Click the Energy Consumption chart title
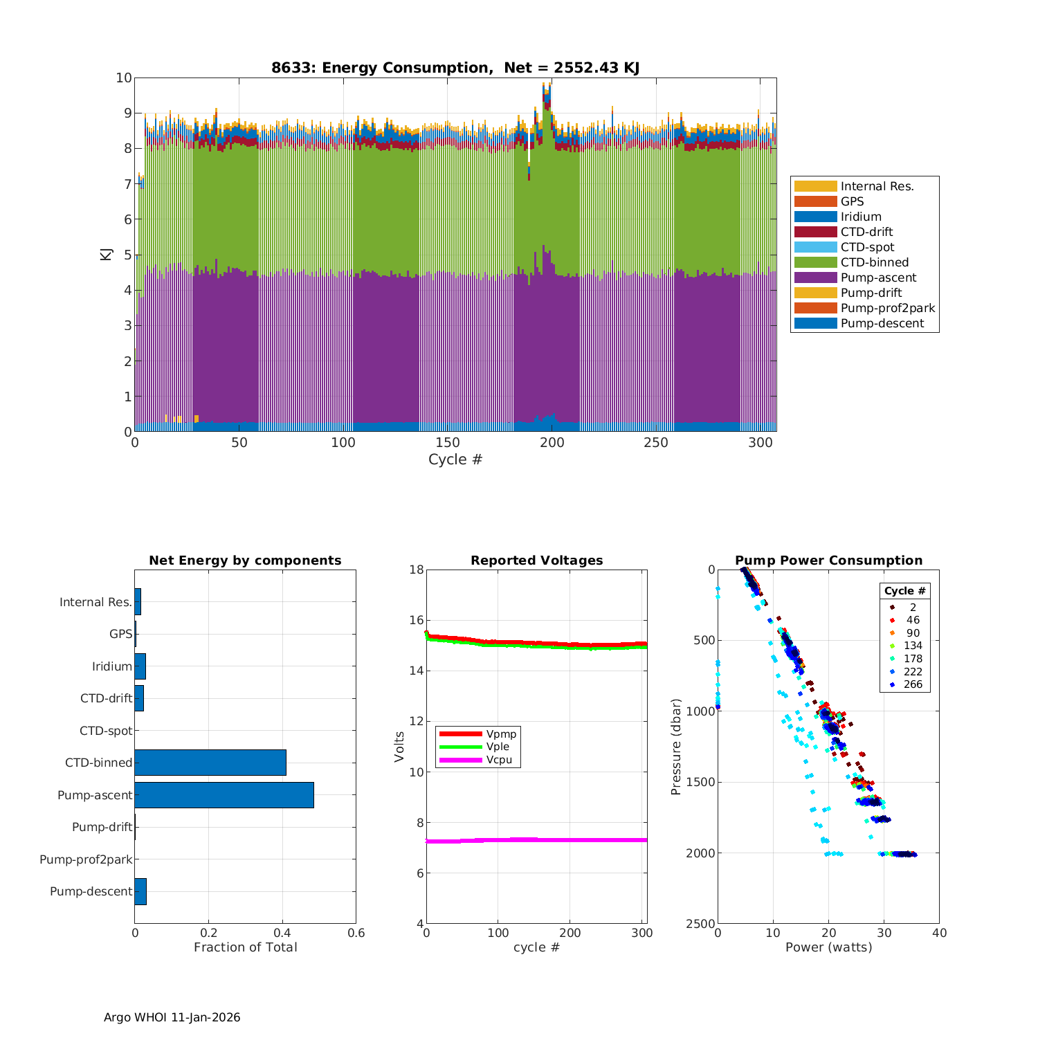[x=455, y=68]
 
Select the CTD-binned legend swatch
[x=815, y=262]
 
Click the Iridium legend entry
[x=861, y=217]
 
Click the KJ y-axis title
[x=106, y=254]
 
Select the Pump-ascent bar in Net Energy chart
[x=224, y=795]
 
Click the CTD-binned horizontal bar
[x=210, y=763]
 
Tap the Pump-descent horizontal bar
[x=140, y=891]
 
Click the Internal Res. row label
[x=95, y=602]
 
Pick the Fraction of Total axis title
[x=245, y=947]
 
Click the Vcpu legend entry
[x=499, y=760]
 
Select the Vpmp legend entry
[x=501, y=734]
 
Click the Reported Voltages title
[x=536, y=561]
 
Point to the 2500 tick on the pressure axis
[x=702, y=924]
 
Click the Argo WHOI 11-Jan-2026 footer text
[x=172, y=1017]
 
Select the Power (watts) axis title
[x=828, y=947]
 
